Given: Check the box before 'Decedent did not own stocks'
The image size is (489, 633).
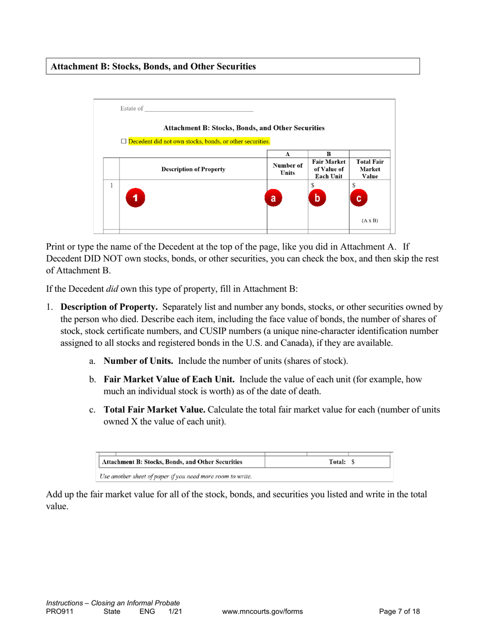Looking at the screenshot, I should [x=124, y=141].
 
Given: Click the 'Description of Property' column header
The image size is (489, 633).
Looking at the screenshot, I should [x=193, y=169].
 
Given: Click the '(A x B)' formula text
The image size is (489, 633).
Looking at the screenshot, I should [x=370, y=220].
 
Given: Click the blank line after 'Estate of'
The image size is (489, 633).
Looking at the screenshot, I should [x=199, y=109].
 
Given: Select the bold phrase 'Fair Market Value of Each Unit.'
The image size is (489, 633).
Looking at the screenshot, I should [x=169, y=379].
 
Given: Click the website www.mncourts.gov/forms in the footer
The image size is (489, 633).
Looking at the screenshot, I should [x=262, y=611].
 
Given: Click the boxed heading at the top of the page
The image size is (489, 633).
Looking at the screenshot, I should [x=233, y=66].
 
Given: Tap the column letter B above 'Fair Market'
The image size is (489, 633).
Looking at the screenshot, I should [x=328, y=153].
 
